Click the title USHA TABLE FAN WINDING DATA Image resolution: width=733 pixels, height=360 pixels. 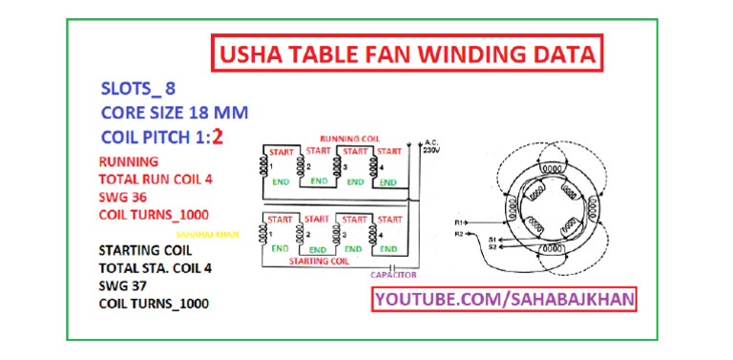pyautogui.click(x=404, y=54)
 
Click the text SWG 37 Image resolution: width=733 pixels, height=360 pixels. pyautogui.click(x=121, y=286)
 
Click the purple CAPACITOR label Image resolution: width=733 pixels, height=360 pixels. pyautogui.click(x=391, y=274)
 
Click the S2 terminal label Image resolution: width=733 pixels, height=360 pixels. pyautogui.click(x=492, y=247)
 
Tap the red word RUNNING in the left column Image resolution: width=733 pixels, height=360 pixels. pyautogui.click(x=128, y=161)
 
